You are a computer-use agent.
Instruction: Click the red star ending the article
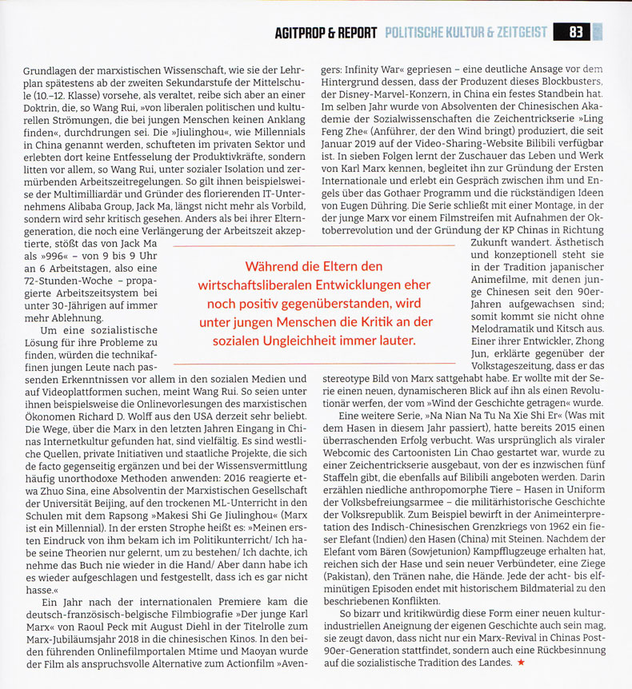coord(522,663)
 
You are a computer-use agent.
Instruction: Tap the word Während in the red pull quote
coord(272,265)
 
